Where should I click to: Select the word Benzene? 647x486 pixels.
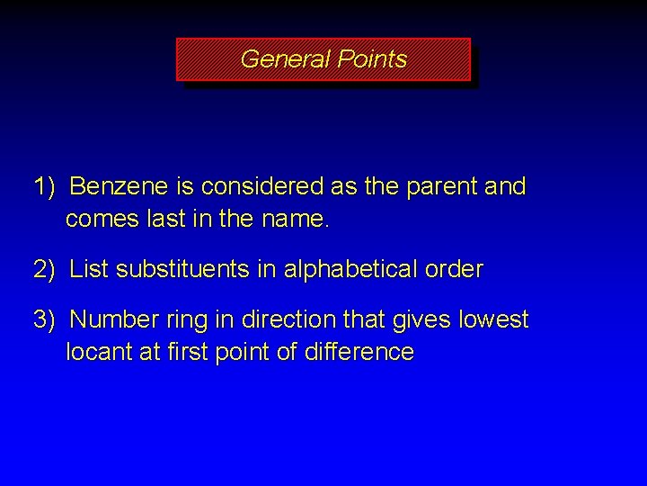pos(119,187)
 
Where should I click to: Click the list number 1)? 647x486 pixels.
pos(45,187)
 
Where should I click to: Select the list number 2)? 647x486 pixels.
pos(45,269)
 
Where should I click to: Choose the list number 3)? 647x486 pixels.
pos(45,319)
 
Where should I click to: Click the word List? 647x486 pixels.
pos(87,269)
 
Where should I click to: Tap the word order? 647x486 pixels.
pos(456,269)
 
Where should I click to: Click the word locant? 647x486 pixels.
pos(98,352)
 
